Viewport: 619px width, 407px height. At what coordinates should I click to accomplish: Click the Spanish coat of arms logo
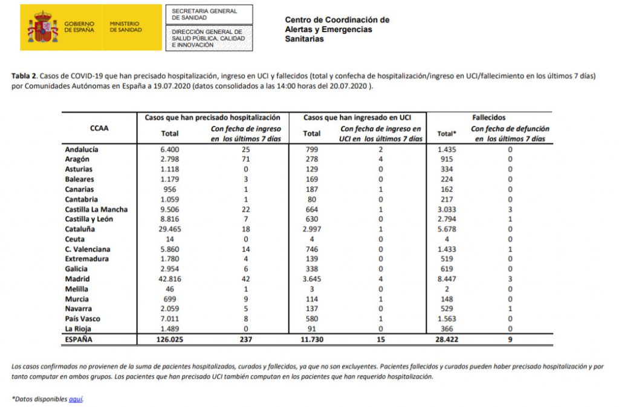tap(42, 28)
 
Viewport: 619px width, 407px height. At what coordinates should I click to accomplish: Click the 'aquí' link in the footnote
tap(76, 399)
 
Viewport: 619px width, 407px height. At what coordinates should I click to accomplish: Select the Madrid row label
tap(77, 279)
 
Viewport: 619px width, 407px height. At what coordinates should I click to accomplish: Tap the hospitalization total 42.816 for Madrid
tap(170, 279)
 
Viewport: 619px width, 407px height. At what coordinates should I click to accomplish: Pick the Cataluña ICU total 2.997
tap(312, 229)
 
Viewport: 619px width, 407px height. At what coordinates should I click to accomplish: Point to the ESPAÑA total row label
tap(79, 339)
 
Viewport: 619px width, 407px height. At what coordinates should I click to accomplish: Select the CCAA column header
tap(99, 128)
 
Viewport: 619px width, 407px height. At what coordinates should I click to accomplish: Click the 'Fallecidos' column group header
tap(489, 117)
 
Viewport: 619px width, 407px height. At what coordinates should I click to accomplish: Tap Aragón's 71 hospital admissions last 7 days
tap(245, 159)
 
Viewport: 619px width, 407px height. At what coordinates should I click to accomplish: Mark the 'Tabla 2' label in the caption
tap(25, 76)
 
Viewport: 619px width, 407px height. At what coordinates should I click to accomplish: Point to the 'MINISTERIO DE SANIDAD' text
tap(126, 27)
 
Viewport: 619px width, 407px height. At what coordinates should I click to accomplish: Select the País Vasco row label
tap(83, 319)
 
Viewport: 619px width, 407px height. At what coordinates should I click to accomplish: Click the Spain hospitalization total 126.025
tap(170, 339)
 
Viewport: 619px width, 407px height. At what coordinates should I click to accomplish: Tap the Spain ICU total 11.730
tap(312, 339)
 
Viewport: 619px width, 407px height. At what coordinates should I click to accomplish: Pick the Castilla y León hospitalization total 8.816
tap(170, 219)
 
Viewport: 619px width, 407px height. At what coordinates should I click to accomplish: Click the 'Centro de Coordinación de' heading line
tap(337, 20)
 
